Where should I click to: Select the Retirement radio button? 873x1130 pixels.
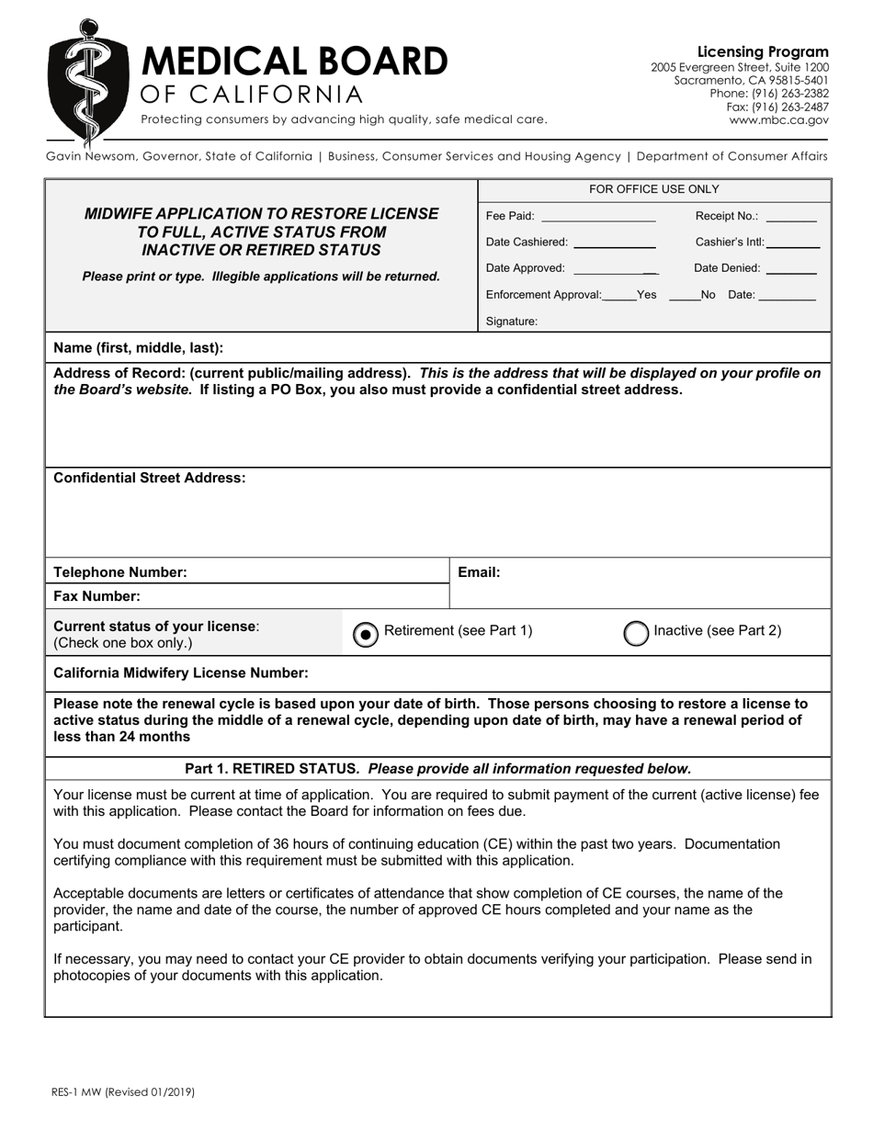(365, 634)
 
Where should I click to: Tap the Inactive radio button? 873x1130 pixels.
(636, 633)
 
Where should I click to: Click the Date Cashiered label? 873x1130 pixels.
(527, 243)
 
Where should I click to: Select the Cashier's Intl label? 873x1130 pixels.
(729, 243)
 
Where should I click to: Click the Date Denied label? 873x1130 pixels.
(727, 268)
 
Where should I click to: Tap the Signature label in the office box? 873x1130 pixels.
(511, 322)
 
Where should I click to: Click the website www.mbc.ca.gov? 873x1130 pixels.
(778, 119)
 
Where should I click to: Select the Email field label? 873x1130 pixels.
(479, 572)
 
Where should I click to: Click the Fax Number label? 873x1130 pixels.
(96, 596)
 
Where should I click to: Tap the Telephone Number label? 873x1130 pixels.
(120, 572)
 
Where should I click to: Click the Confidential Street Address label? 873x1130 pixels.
(150, 478)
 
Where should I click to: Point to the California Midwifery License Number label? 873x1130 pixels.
(181, 672)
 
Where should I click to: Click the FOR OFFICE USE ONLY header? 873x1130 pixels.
(653, 189)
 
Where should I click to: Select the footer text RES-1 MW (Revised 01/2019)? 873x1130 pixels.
(123, 1092)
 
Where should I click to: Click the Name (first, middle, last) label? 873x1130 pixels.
(139, 347)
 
